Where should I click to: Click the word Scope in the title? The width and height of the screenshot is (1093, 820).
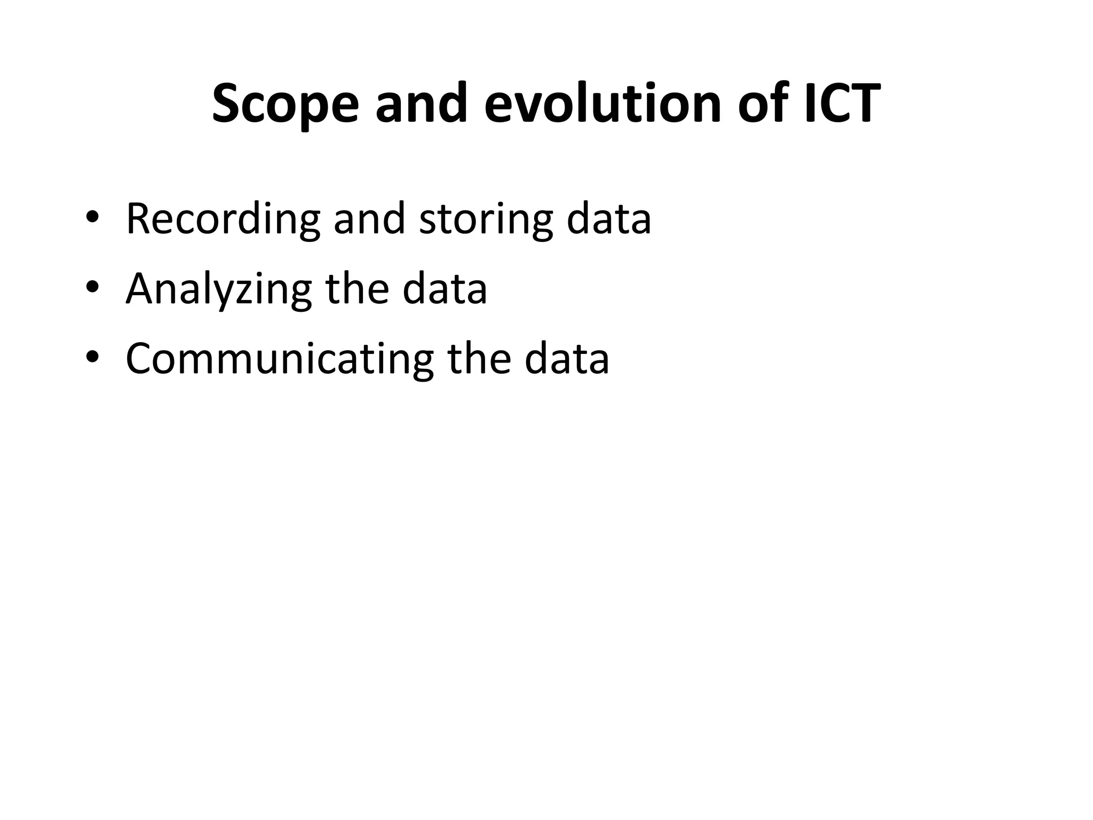coord(285,104)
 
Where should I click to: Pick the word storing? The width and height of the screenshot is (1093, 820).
coord(486,219)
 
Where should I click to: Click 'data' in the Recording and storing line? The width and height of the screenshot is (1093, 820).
coord(608,218)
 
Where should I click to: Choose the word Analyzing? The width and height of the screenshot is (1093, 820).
coord(218,289)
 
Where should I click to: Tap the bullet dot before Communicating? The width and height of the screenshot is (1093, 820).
coord(92,357)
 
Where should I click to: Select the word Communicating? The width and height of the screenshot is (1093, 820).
coord(280,358)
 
